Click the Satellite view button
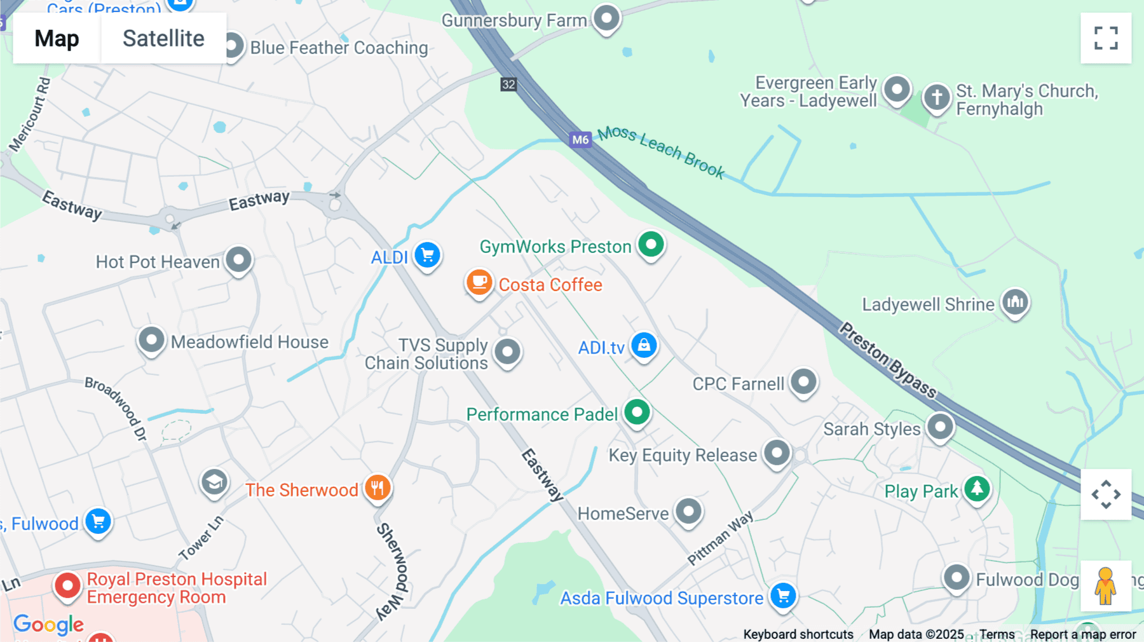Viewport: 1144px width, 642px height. (x=163, y=38)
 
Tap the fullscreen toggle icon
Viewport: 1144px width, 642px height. (x=1106, y=38)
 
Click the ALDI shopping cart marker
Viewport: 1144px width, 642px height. (x=428, y=256)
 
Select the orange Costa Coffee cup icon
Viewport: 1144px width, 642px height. (x=479, y=282)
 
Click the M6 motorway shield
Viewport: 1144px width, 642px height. (x=580, y=140)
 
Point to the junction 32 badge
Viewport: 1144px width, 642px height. (x=508, y=85)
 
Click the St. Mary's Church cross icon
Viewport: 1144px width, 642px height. (x=936, y=98)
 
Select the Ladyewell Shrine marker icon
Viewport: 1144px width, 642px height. (x=1015, y=303)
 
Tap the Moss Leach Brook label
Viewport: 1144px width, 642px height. (x=661, y=151)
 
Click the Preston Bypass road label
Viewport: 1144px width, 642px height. (x=887, y=360)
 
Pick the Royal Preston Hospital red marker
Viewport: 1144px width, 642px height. (x=67, y=585)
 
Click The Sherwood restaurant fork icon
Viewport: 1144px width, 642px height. (x=378, y=488)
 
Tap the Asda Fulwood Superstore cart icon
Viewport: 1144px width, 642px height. (x=784, y=596)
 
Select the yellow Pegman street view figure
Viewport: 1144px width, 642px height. (x=1105, y=585)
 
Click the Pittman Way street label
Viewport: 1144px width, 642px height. (x=720, y=538)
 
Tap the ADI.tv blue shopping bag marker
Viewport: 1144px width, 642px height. (x=644, y=345)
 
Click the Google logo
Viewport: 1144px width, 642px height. (x=48, y=625)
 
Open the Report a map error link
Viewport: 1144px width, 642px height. (x=1082, y=634)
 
